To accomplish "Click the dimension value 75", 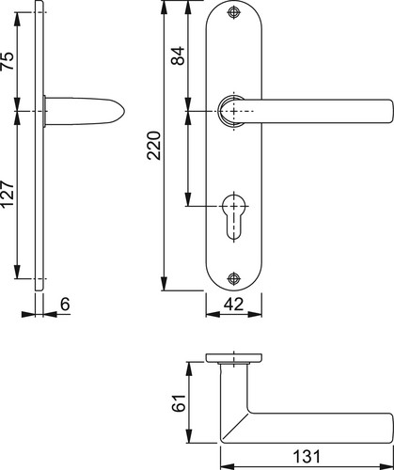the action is (8, 61).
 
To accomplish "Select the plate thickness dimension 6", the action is (65, 304).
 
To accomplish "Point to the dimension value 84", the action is (178, 55).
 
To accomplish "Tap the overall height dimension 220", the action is (153, 146).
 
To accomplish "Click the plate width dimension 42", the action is (234, 304).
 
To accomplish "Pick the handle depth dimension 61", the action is (179, 403).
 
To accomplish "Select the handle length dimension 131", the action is (307, 456).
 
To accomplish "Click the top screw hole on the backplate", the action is (233, 12).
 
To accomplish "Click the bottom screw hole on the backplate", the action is (233, 278).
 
